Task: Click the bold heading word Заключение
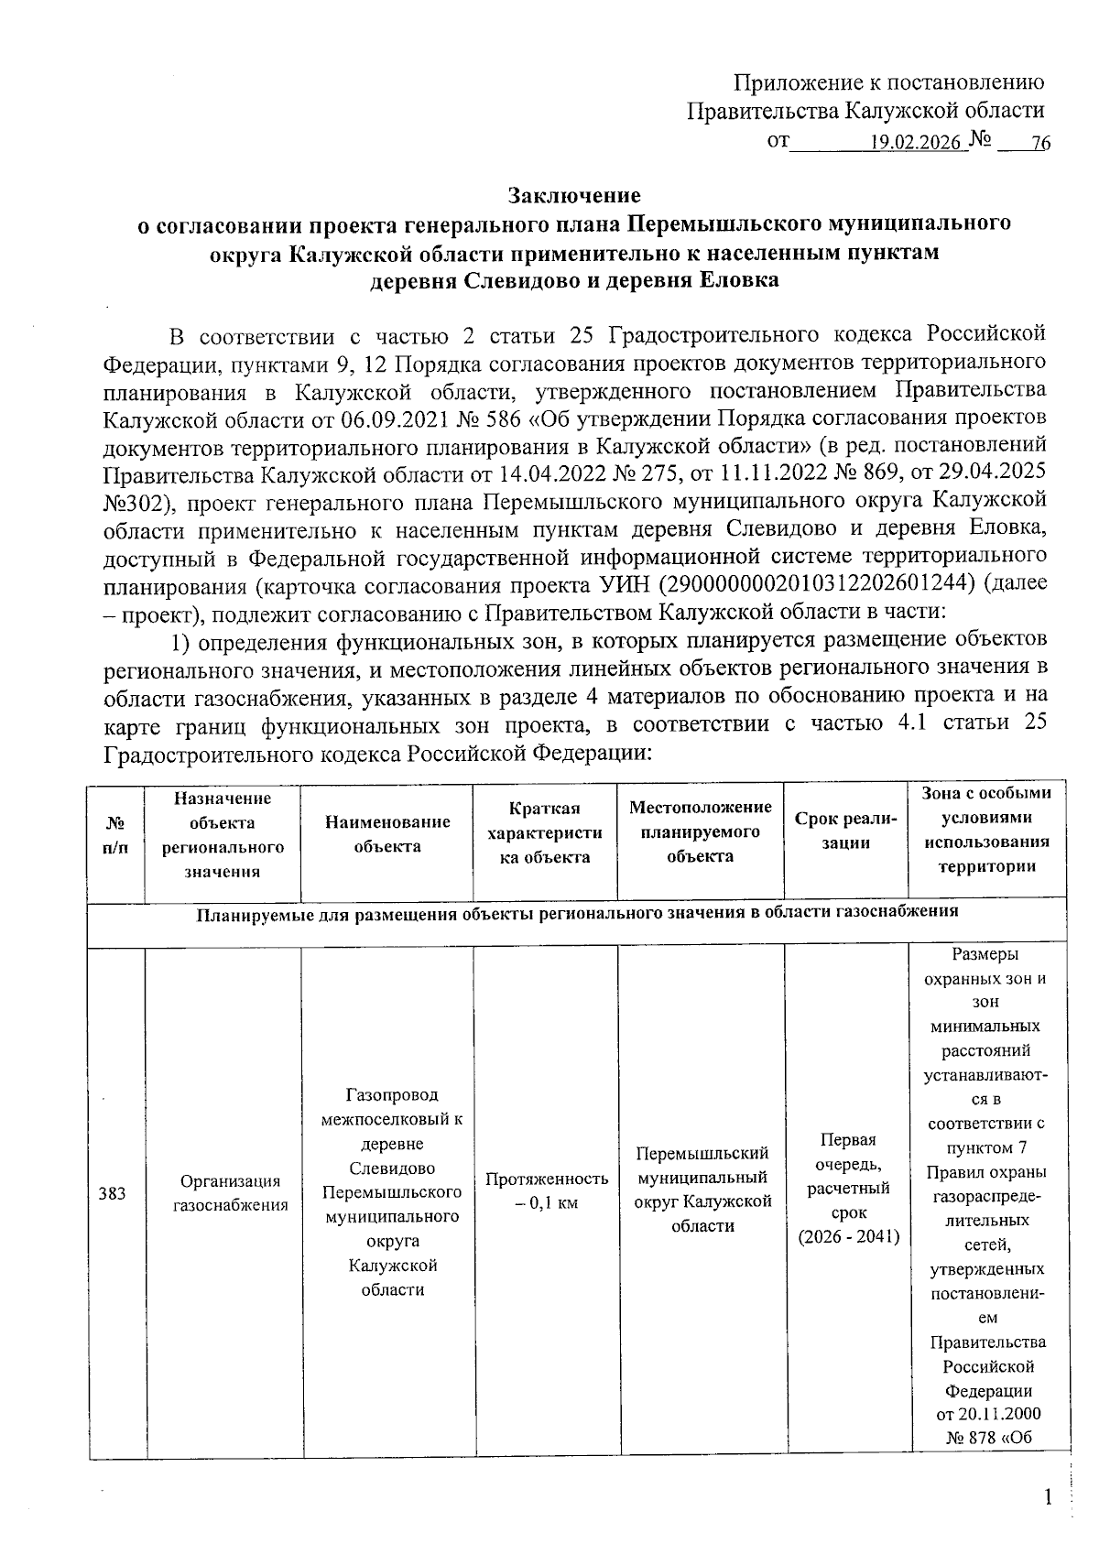coord(574,195)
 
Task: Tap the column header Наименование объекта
coord(387,833)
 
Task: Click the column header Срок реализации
coord(845,831)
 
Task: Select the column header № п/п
coord(115,834)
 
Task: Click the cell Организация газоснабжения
coord(231,1193)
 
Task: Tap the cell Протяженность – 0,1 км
coord(546,1190)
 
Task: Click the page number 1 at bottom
coord(1049,1499)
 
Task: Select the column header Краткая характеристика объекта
coord(545,832)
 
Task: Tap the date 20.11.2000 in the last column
coord(987,1414)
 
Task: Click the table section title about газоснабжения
coord(578,911)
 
